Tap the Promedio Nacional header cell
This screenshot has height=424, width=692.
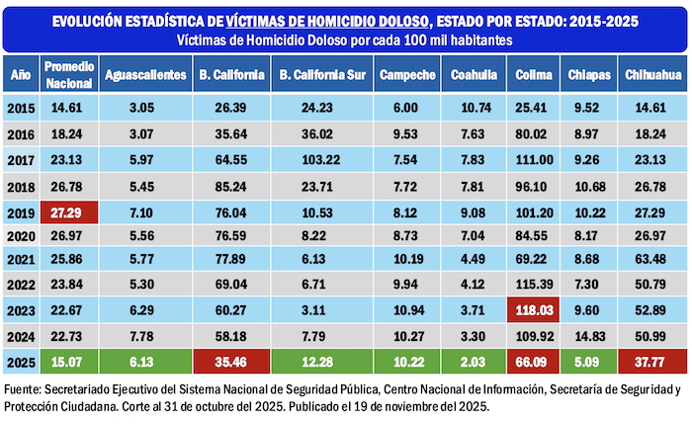[x=68, y=75]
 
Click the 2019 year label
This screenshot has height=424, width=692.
[x=21, y=211]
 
